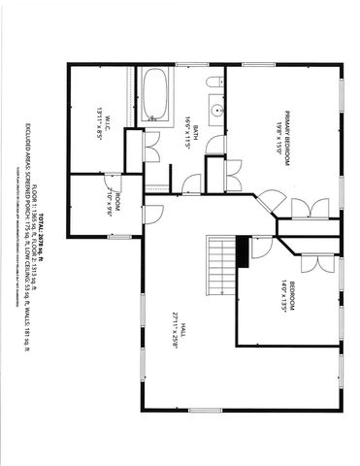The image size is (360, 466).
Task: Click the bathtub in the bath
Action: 155,94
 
